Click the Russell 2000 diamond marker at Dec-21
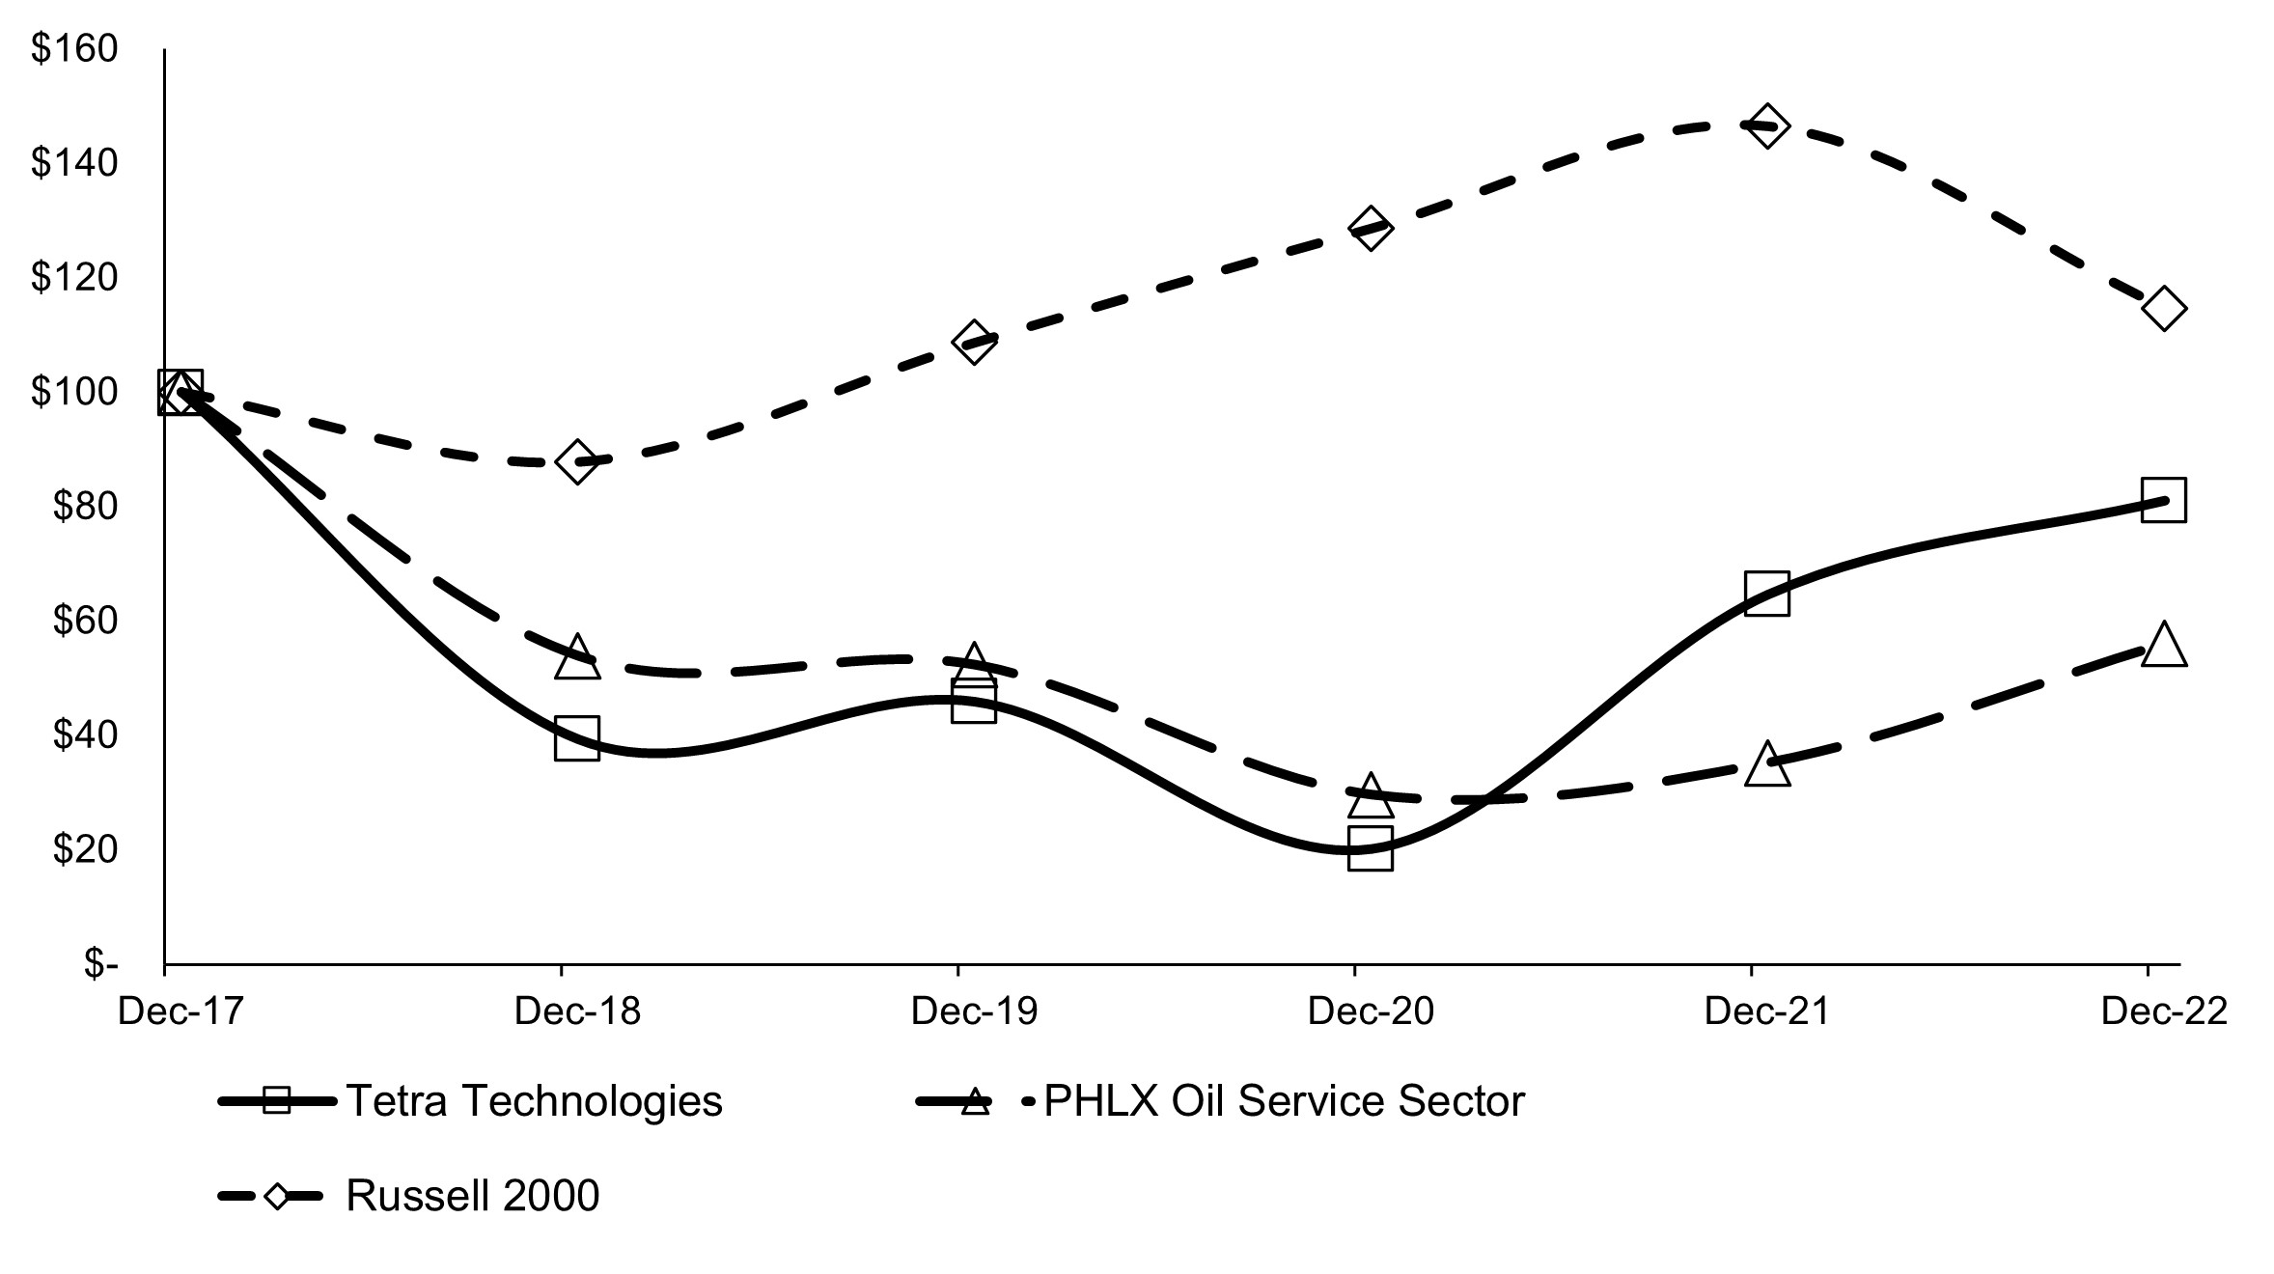(x=1766, y=126)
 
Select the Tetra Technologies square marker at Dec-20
(x=1370, y=848)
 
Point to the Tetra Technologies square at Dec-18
(x=576, y=738)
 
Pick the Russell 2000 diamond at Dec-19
(x=973, y=342)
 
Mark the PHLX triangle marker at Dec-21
(x=1766, y=765)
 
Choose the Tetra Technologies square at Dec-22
(x=2163, y=500)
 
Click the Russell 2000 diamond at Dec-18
(x=576, y=462)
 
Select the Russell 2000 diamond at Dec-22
(x=2163, y=309)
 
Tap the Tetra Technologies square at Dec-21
(x=1766, y=593)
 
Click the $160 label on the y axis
(x=74, y=48)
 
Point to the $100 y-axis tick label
(x=74, y=392)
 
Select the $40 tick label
(x=82, y=735)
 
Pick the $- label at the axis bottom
(x=100, y=963)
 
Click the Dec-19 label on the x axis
(x=973, y=1011)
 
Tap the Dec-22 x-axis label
(x=2163, y=1011)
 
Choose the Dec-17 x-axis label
(x=180, y=1011)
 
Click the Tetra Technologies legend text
(x=534, y=1101)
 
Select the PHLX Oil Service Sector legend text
(x=1284, y=1101)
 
